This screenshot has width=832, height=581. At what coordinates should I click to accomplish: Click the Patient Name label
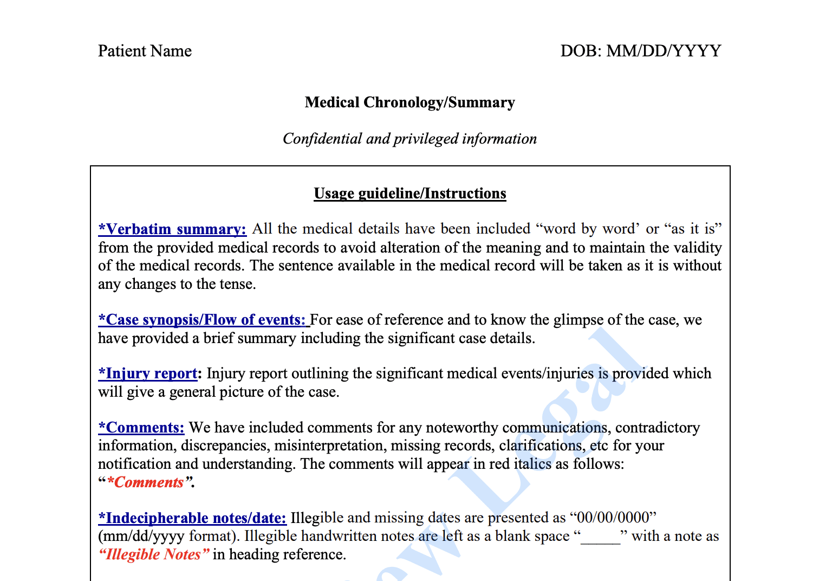145,51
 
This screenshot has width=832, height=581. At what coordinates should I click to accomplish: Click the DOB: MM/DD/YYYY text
641,51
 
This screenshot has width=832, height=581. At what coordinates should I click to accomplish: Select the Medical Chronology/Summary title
409,102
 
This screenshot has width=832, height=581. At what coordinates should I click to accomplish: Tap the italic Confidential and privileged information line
409,139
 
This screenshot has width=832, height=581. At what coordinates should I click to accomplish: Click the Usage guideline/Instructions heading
409,193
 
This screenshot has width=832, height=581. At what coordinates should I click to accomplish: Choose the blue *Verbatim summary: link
172,229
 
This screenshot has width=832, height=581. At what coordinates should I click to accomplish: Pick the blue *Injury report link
148,373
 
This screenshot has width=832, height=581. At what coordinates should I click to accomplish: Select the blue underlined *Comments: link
141,428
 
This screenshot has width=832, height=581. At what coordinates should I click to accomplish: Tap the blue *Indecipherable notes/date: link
192,518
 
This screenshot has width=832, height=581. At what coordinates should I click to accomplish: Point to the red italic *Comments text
146,482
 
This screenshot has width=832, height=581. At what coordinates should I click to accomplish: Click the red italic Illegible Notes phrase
154,554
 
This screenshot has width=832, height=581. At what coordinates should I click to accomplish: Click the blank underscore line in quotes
600,537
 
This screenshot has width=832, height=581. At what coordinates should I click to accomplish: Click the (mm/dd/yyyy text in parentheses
141,537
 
